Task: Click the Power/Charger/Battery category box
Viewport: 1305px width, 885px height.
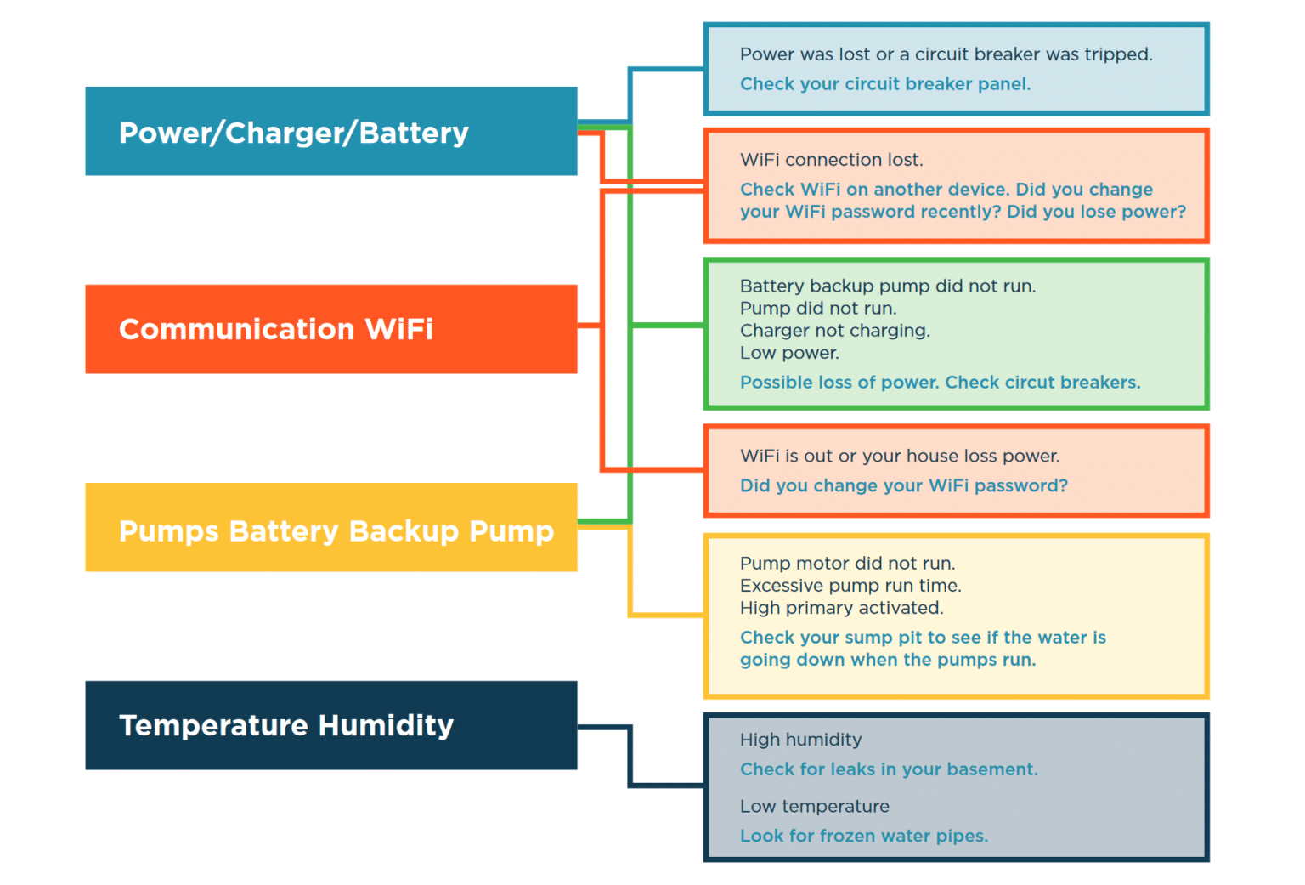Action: pos(330,132)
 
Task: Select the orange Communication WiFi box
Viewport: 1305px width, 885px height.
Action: pos(330,329)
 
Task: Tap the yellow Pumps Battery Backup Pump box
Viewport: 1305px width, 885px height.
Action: pos(330,528)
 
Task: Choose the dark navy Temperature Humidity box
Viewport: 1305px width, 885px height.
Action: pos(330,725)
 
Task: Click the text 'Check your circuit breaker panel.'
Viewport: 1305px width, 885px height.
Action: pos(884,84)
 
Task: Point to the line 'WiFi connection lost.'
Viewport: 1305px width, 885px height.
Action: pos(831,160)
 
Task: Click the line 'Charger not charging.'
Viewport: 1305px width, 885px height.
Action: pos(834,331)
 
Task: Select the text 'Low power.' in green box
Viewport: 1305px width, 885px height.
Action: pos(788,353)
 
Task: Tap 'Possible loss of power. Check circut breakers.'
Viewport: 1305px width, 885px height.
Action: pos(940,383)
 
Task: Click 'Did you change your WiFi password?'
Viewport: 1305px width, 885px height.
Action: pos(903,485)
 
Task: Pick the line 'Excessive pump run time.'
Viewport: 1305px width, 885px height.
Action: pos(850,586)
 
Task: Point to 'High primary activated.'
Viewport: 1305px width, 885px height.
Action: pos(841,608)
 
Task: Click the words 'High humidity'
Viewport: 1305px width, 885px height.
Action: pos(800,740)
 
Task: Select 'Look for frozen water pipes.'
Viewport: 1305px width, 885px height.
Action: pos(864,836)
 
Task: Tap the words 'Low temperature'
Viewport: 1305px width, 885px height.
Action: pos(814,806)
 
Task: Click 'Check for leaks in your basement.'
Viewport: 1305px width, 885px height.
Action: pos(889,769)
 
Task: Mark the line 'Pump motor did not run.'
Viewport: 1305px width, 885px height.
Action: pos(847,564)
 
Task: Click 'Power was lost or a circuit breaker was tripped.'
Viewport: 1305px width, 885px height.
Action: pos(946,54)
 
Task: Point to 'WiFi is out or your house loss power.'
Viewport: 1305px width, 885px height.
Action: pos(900,457)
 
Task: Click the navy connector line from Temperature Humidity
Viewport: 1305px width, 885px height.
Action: pos(630,757)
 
